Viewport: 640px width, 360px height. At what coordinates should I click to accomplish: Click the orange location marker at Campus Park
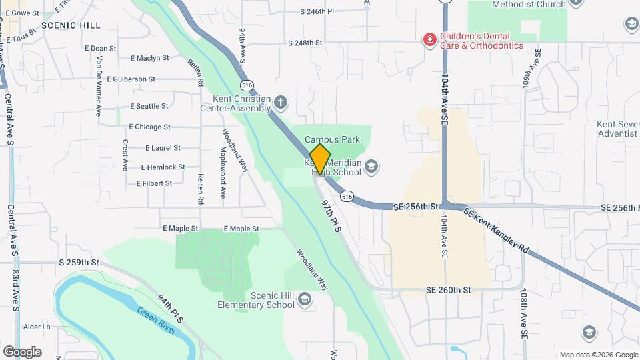point(320,159)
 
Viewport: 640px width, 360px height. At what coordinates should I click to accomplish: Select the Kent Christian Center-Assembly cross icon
point(281,102)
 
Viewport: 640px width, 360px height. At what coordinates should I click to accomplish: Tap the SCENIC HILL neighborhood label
point(71,25)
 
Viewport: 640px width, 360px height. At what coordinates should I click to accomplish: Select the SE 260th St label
point(448,290)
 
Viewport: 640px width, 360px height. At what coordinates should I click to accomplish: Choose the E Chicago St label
point(149,127)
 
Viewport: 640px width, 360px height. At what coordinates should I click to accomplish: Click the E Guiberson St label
point(129,79)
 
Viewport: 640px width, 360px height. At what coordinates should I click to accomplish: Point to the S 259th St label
point(79,263)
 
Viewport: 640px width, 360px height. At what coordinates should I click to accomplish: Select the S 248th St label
point(305,43)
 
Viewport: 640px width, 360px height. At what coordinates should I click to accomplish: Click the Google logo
point(22,351)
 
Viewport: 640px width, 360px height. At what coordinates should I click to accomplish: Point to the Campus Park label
point(332,139)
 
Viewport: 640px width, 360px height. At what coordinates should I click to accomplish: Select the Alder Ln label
point(37,327)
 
